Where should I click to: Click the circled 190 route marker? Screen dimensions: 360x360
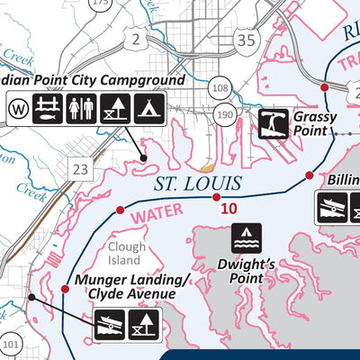(225, 114)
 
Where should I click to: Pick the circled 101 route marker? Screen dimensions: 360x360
(10, 344)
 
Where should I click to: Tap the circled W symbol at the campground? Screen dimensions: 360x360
(17, 110)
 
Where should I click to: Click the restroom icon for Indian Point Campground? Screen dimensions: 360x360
(80, 109)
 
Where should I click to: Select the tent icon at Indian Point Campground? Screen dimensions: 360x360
(144, 109)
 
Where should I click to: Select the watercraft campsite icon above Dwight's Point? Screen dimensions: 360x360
(247, 238)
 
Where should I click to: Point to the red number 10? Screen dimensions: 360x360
(229, 209)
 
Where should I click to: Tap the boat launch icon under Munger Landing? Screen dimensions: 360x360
(110, 324)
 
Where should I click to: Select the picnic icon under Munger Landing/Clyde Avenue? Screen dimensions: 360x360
(144, 324)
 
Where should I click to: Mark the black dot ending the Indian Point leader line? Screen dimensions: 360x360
(143, 157)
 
